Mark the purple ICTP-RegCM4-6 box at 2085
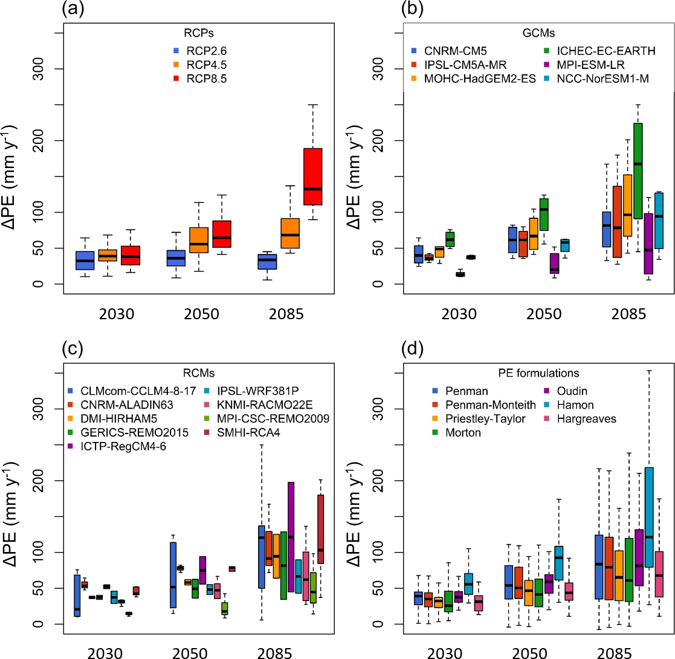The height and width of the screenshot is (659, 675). pyautogui.click(x=290, y=537)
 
